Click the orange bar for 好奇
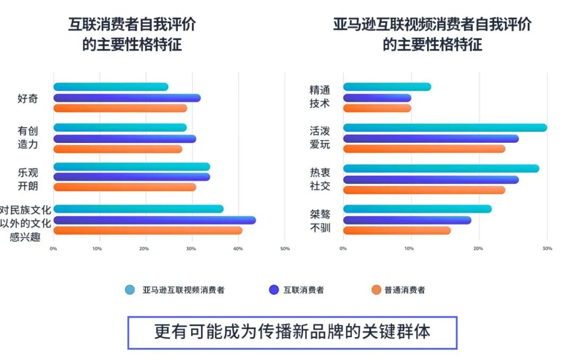(120, 108)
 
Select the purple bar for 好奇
(127, 98)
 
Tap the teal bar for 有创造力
(120, 127)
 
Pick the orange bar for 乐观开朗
(125, 187)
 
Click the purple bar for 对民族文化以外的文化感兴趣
(154, 220)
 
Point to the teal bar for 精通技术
(387, 87)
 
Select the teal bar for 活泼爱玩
(445, 127)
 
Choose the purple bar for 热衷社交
(431, 179)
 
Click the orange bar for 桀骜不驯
(397, 230)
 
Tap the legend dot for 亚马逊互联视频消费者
(130, 289)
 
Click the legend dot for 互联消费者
(274, 289)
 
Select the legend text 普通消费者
(404, 290)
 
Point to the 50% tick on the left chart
(285, 248)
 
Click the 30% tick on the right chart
(548, 248)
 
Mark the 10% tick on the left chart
(98, 248)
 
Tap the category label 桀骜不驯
(320, 221)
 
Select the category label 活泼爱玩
(320, 137)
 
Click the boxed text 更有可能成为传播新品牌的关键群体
(292, 332)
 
